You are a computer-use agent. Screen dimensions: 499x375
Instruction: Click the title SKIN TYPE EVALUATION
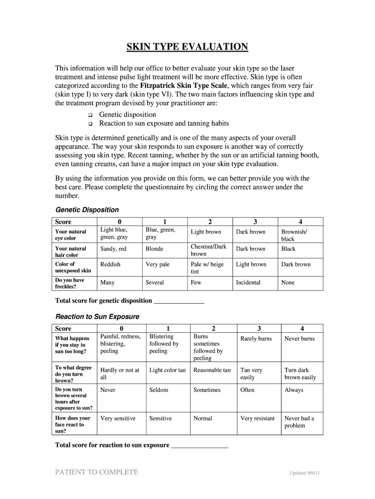pos(187,47)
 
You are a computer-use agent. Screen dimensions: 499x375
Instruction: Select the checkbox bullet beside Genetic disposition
pos(90,115)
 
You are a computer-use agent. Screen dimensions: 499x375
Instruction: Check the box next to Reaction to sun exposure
pos(90,124)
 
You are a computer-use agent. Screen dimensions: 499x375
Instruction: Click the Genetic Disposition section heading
pos(87,210)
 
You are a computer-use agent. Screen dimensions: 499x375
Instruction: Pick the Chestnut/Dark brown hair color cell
pos(208,250)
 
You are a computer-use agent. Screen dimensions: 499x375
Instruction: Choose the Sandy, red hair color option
pos(113,249)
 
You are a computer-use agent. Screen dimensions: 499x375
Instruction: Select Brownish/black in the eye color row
pos(294,235)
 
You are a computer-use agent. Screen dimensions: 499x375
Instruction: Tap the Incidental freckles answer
pos(248,283)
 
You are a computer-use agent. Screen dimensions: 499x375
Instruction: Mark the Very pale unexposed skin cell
pos(158,265)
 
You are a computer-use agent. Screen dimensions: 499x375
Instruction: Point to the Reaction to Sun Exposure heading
pos(97,316)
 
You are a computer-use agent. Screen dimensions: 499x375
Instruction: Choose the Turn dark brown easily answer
pos(300,374)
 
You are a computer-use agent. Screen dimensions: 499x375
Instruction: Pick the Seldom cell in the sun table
pos(159,390)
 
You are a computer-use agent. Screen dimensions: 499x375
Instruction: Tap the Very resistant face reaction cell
pos(258,418)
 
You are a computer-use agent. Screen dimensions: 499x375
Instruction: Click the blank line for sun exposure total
pos(200,445)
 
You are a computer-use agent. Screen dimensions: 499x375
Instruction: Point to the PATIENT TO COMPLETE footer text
pos(97,472)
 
